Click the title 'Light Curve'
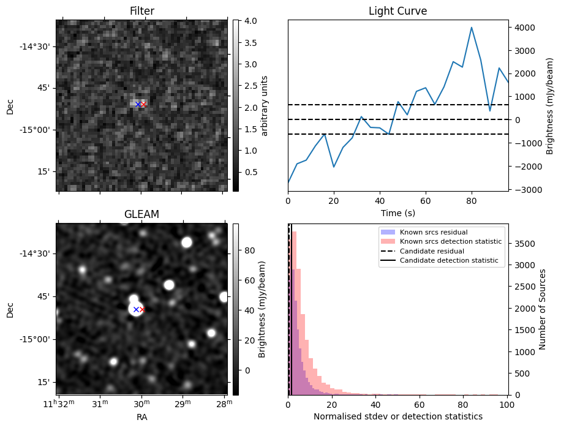tap(397, 11)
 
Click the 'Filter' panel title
tap(141, 11)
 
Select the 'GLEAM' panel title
tap(141, 214)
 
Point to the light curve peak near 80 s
tap(472, 28)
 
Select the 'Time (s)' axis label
tap(397, 213)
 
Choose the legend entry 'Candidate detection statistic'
tap(451, 261)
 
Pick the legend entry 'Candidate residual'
tap(432, 251)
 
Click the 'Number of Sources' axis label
tap(543, 309)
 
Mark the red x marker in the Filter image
tap(144, 105)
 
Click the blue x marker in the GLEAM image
tap(136, 310)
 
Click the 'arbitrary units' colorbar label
tap(265, 105)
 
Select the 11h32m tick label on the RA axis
tap(59, 402)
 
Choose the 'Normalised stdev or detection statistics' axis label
tap(397, 416)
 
